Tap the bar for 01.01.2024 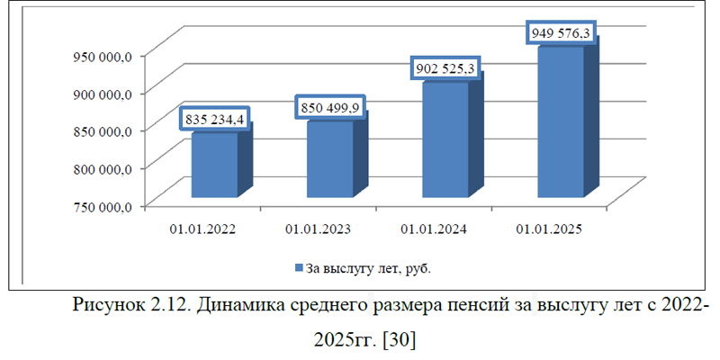(445, 139)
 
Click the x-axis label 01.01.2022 (203, 229)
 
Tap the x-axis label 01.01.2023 (319, 229)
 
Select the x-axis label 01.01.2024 (434, 229)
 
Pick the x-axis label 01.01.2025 (549, 229)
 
